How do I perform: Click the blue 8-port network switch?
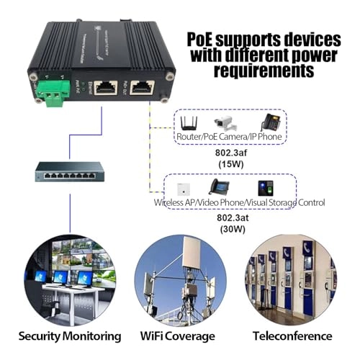[70, 173]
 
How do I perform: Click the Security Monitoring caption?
[69, 336]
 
